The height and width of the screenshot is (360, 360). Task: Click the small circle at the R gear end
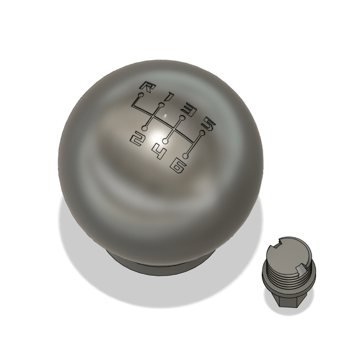pos(141,95)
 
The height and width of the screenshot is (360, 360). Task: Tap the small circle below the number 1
pos(162,105)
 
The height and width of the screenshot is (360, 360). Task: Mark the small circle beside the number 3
pos(182,118)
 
